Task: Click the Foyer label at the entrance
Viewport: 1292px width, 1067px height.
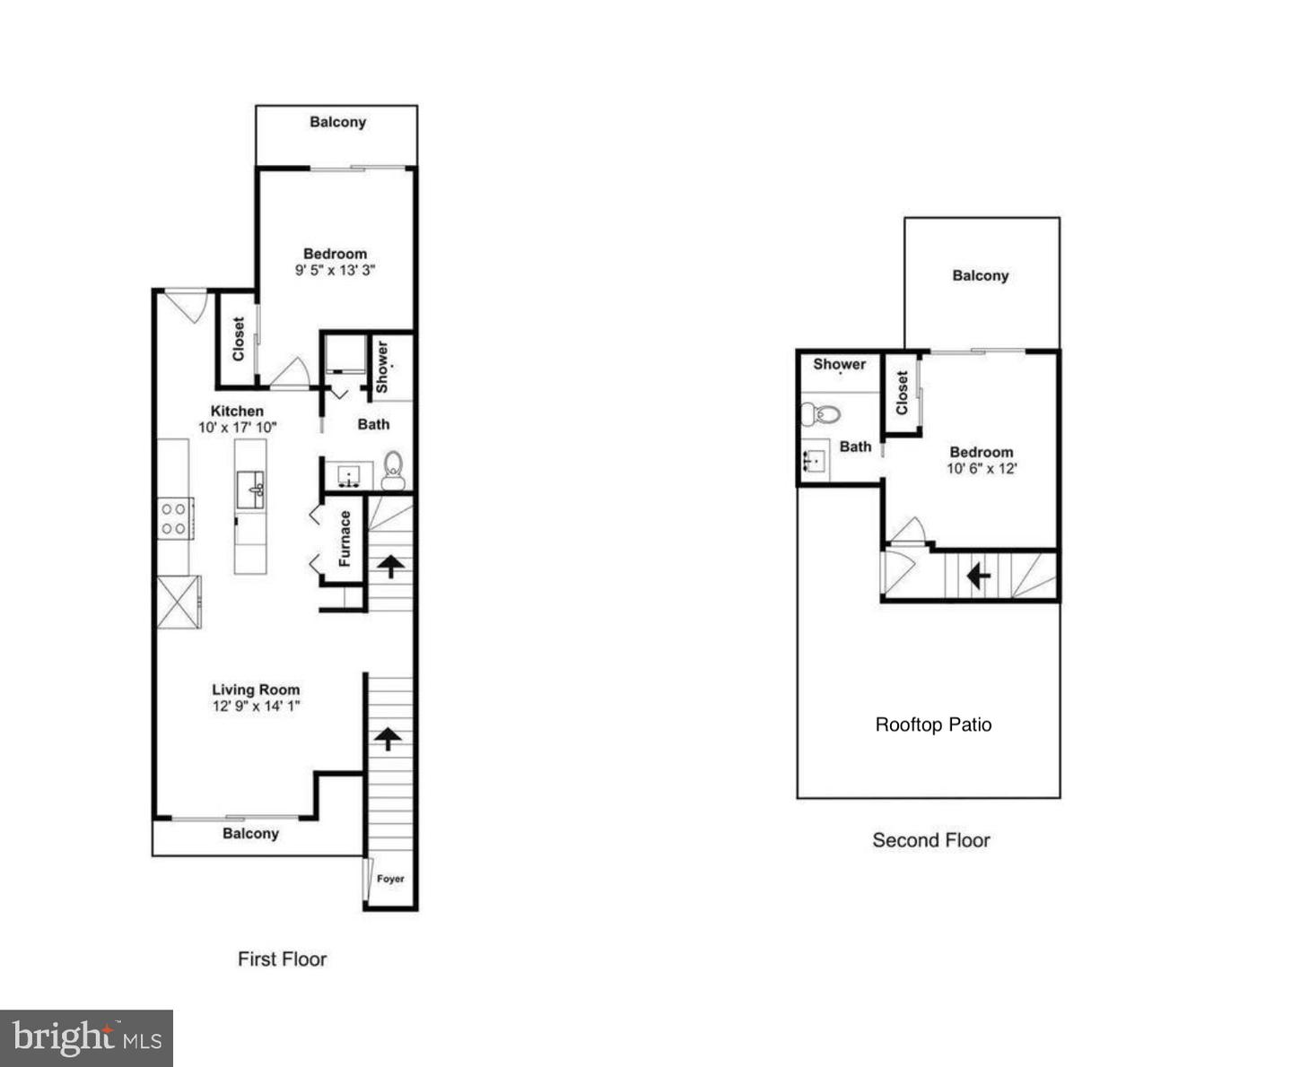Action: (390, 879)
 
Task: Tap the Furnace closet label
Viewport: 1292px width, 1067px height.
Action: (345, 539)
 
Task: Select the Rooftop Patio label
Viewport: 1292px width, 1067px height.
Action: (933, 724)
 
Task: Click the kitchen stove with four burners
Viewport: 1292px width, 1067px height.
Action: (174, 518)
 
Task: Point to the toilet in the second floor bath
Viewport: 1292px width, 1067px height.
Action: (820, 414)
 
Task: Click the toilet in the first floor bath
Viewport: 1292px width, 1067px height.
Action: (393, 469)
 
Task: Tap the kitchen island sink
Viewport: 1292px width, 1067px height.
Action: (250, 490)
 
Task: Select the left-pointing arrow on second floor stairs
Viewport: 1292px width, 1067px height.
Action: (978, 576)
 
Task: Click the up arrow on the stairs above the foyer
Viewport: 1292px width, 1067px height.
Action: (388, 739)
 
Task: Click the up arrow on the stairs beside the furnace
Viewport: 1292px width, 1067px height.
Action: (390, 566)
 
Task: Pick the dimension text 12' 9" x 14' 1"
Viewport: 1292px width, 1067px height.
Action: (256, 706)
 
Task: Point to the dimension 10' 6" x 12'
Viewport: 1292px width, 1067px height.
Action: (982, 468)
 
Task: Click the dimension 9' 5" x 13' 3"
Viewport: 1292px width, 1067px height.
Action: (335, 269)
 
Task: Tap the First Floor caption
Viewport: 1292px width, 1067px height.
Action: (282, 959)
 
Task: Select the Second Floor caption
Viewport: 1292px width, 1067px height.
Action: (931, 840)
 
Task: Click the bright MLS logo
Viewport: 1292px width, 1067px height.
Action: (86, 1038)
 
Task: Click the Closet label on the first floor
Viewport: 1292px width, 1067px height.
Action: (239, 339)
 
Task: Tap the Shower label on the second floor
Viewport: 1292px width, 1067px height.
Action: (839, 364)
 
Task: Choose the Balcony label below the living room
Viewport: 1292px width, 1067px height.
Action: (250, 834)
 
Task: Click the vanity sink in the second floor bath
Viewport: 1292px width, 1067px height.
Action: (815, 462)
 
